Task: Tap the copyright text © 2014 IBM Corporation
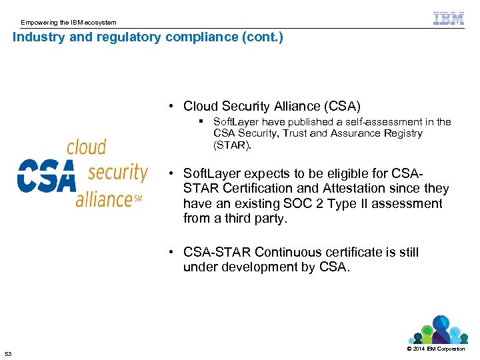(436, 349)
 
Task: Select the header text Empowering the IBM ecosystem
(68, 23)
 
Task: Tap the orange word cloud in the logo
(86, 147)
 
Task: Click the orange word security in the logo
(117, 172)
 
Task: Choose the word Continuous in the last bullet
(287, 252)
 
